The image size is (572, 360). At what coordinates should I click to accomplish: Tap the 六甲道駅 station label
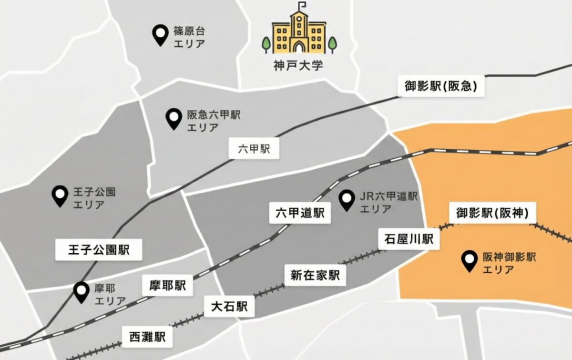tap(300, 213)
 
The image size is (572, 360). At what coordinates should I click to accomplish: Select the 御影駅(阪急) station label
tap(441, 87)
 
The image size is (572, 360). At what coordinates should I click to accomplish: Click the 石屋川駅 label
tap(409, 238)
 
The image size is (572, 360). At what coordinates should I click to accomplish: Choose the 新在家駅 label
tap(315, 275)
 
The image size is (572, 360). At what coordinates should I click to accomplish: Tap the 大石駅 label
tap(229, 306)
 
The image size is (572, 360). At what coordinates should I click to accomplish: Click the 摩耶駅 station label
tap(167, 286)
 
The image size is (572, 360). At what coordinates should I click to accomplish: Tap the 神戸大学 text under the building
tap(298, 65)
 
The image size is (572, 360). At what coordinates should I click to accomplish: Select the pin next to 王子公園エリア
tap(60, 195)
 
